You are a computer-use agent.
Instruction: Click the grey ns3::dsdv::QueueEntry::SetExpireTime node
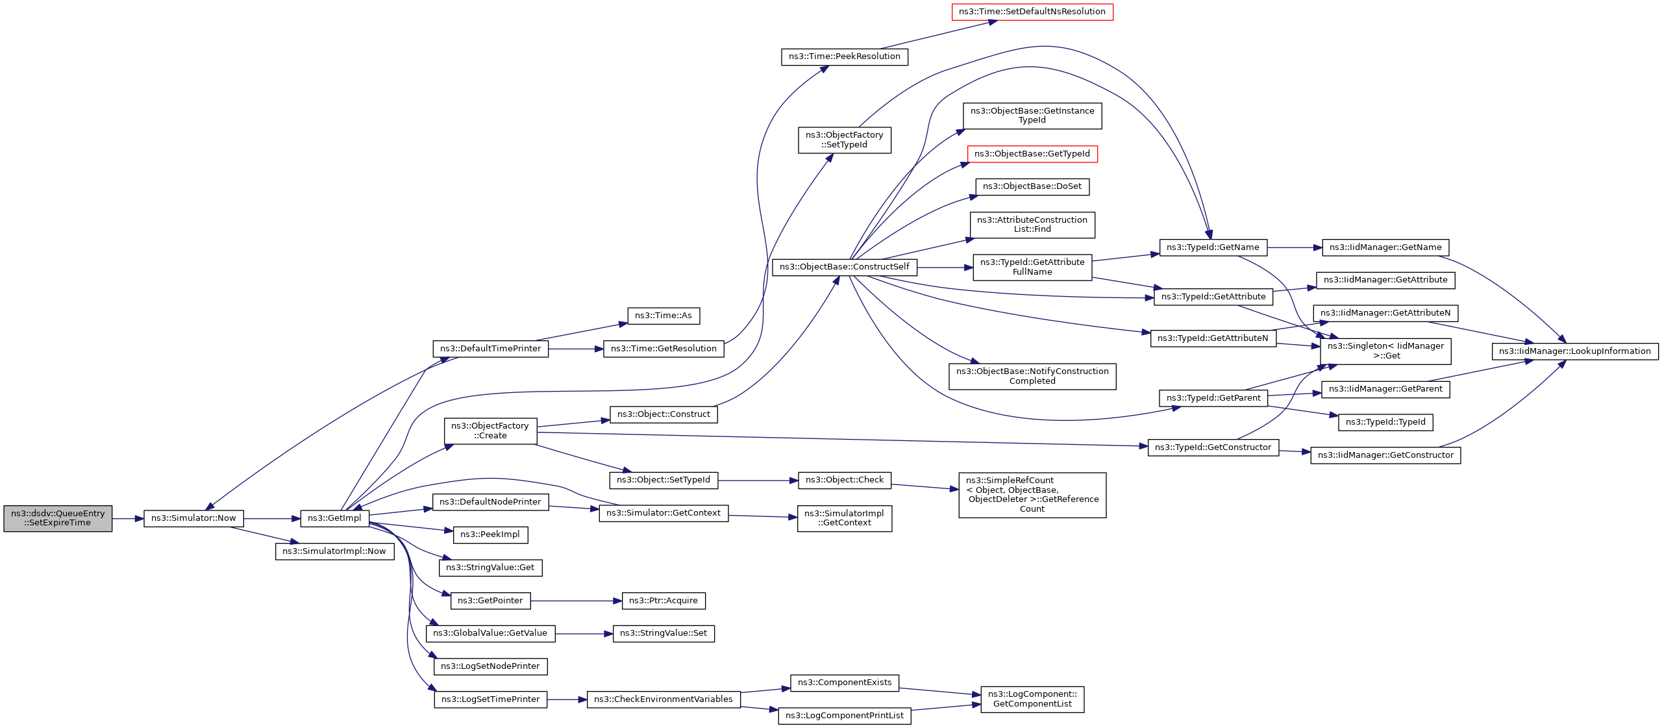58,518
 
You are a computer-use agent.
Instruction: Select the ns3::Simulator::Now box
193,518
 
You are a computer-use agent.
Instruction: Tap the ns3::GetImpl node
334,518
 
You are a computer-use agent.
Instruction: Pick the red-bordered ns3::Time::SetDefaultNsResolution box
1032,12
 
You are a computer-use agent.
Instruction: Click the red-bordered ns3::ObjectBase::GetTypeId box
1032,154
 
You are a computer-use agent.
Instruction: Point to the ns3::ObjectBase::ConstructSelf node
845,267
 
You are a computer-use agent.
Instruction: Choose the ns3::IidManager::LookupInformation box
1575,351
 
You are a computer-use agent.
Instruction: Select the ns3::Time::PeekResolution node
845,56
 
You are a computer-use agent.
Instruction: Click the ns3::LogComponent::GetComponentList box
1032,699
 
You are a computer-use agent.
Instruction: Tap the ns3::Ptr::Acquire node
664,601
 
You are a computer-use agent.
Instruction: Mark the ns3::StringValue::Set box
664,633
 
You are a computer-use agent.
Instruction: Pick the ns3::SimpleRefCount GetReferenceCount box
1032,495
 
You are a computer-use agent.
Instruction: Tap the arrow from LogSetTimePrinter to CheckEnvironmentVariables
567,699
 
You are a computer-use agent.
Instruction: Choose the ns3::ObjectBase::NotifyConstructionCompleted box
1032,376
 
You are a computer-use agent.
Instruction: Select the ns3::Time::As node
664,316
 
